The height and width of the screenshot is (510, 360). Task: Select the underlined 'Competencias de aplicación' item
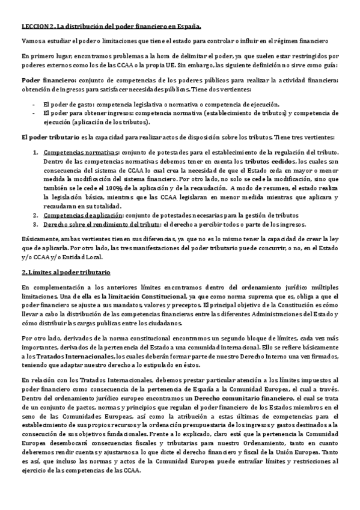pyautogui.click(x=84, y=215)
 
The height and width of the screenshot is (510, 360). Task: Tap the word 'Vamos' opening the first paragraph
pyautogui.click(x=31, y=41)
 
